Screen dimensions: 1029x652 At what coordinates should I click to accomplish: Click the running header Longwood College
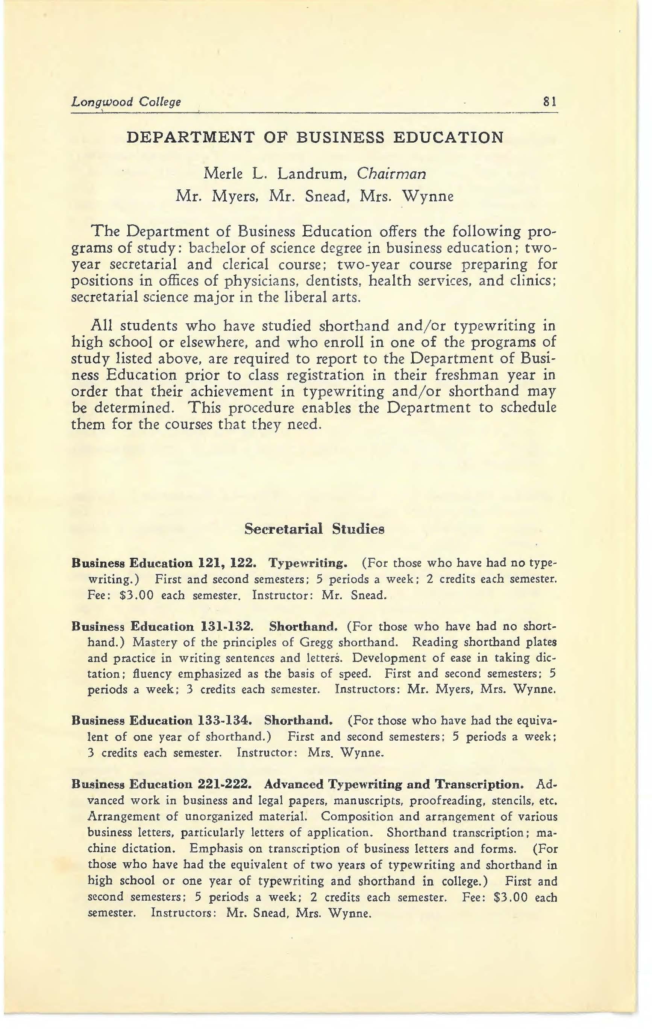point(126,102)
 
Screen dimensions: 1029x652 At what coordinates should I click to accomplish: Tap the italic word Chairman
point(391,174)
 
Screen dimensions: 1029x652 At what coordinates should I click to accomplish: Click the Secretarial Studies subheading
point(314,529)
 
